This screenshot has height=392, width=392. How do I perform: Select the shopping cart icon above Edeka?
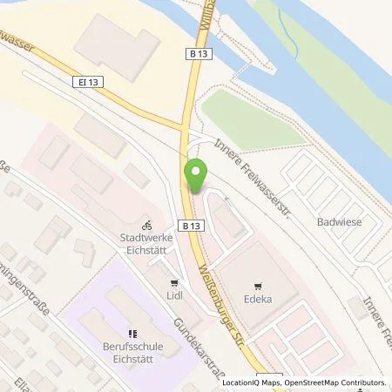pos(258,284)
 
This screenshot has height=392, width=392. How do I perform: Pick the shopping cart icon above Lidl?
pos(173,282)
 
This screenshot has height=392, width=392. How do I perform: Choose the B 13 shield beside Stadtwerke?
pos(188,223)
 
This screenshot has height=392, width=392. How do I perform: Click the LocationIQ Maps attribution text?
pos(249,382)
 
